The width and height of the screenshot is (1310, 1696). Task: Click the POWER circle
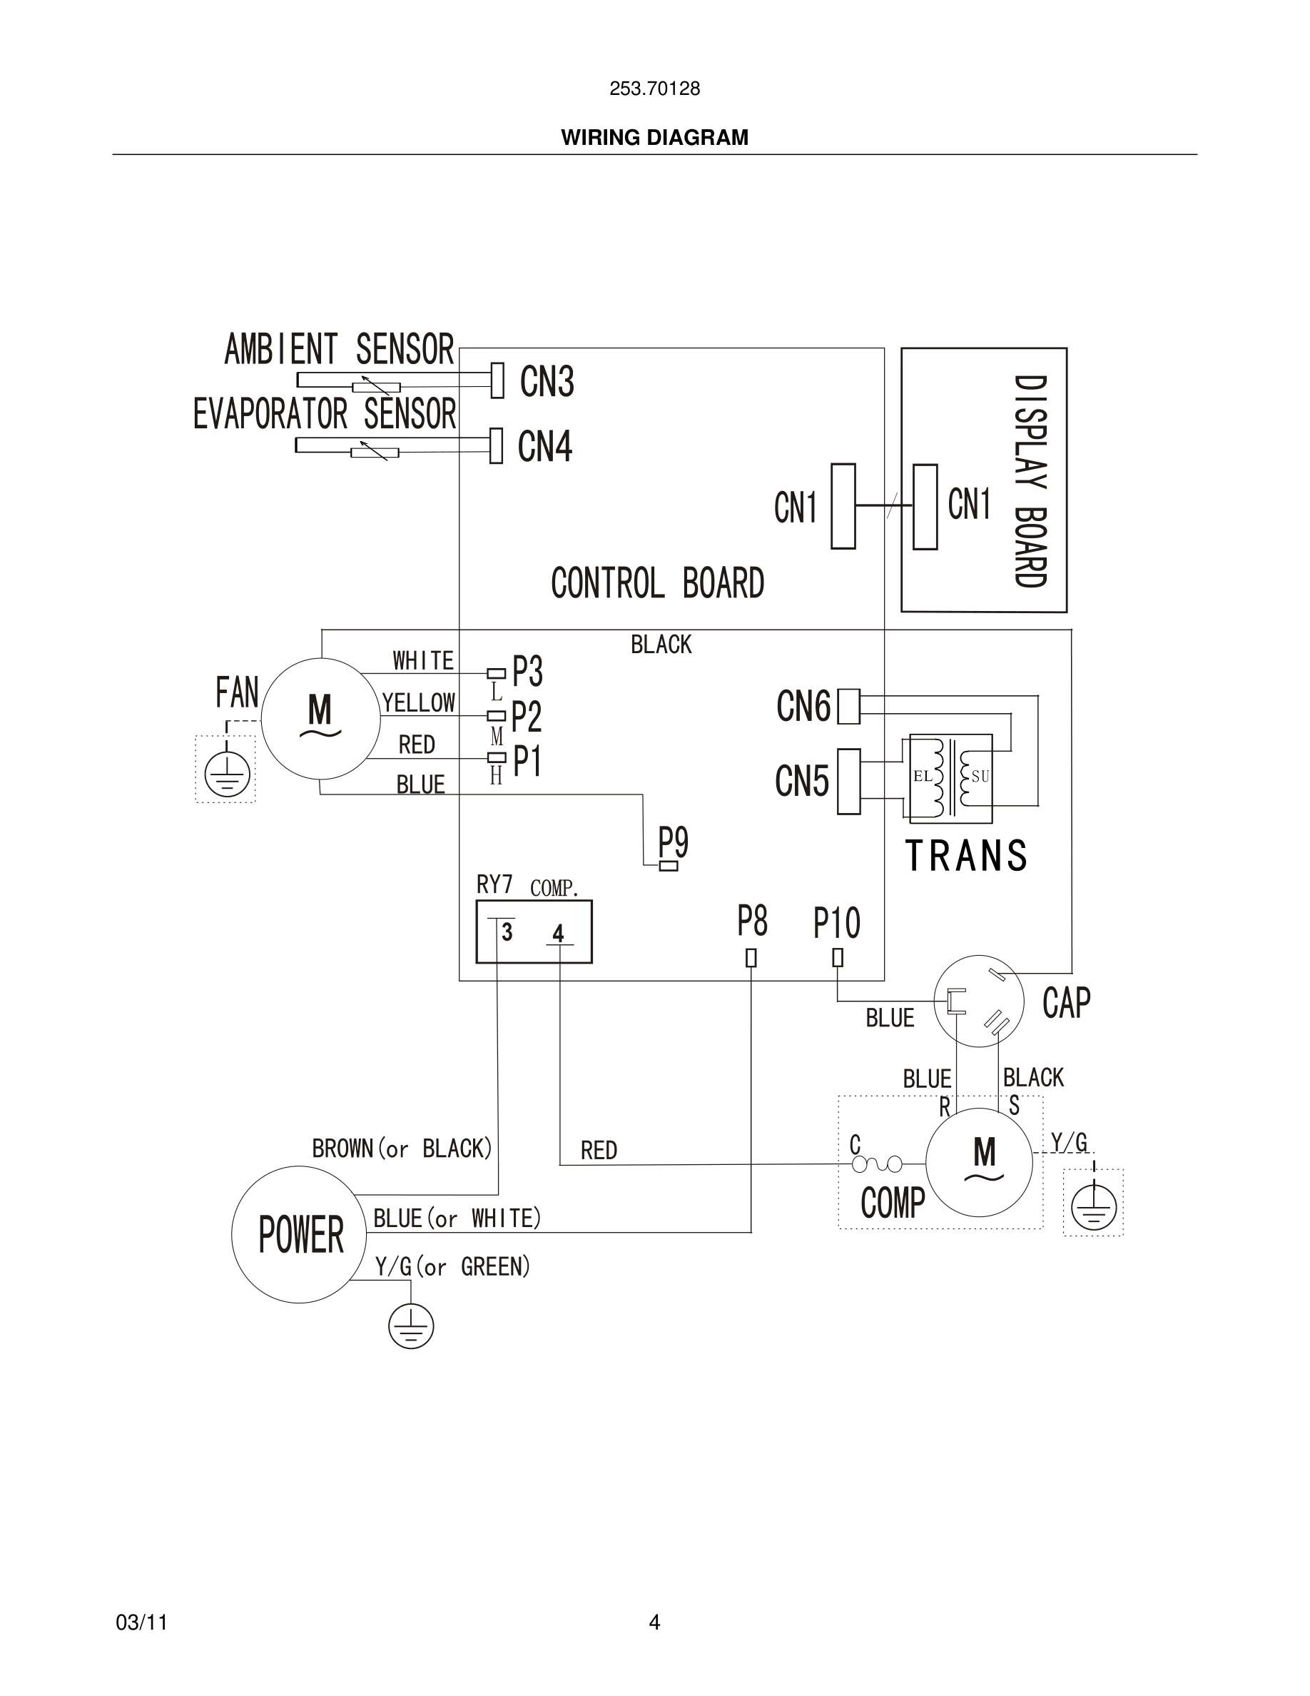[x=300, y=1234]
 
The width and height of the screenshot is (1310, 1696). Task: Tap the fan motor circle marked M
[x=320, y=718]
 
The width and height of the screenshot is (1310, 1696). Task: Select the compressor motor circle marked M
[x=980, y=1163]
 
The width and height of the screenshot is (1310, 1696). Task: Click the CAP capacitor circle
[x=979, y=1001]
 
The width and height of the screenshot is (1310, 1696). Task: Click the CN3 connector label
[x=547, y=381]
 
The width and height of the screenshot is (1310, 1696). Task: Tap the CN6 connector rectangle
[x=848, y=707]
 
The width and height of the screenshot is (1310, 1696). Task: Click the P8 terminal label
[x=752, y=921]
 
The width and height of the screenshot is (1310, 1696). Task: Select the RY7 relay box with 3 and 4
[x=534, y=932]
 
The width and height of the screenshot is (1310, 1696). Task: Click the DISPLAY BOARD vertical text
[x=1030, y=482]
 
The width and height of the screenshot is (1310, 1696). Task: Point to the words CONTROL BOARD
[x=657, y=583]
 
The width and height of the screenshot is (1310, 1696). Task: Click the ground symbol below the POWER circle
[x=410, y=1326]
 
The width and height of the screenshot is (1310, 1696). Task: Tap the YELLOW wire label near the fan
[x=418, y=703]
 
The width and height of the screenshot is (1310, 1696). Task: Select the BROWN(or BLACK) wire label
[x=402, y=1149]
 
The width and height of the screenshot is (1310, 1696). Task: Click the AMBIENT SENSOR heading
[x=339, y=350]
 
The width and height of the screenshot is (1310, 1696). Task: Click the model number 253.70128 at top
[x=654, y=89]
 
